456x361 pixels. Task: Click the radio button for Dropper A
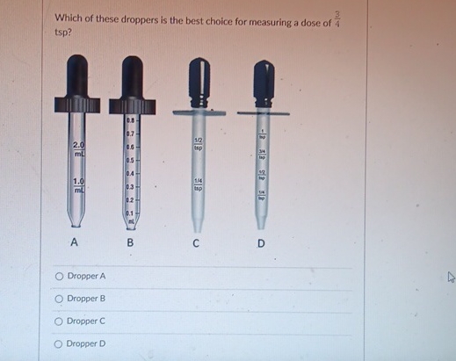click(x=59, y=276)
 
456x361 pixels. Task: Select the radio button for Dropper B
click(x=59, y=299)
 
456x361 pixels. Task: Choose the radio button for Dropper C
click(x=59, y=321)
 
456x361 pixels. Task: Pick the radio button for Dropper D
click(x=59, y=344)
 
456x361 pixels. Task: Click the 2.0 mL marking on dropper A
click(x=79, y=146)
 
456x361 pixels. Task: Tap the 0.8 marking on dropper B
click(x=130, y=119)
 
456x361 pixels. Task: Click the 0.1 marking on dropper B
click(x=130, y=213)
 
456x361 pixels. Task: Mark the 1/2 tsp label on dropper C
click(x=199, y=144)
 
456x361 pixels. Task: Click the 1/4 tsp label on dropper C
click(x=199, y=184)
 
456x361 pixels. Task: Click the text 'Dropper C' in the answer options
click(x=86, y=321)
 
